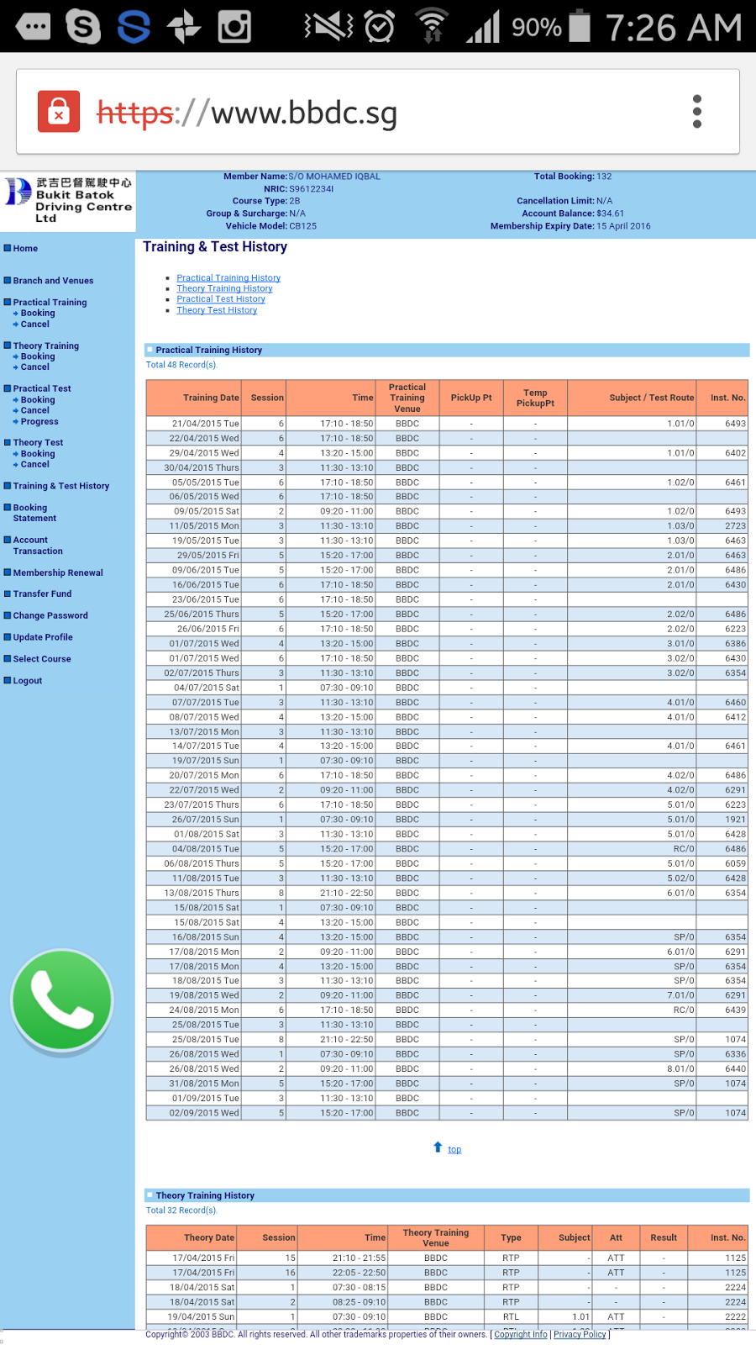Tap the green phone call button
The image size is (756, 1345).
[x=62, y=1000]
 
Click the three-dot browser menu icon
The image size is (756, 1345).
[x=696, y=112]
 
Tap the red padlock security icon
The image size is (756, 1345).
[x=59, y=112]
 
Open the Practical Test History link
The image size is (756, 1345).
[x=221, y=299]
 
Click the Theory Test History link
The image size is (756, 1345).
[x=217, y=310]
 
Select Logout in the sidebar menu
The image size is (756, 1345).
[x=27, y=681]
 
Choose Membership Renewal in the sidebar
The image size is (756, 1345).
[x=57, y=573]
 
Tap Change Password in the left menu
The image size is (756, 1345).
[x=50, y=616]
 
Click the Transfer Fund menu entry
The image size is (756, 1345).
[x=42, y=594]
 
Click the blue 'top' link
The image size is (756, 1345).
[x=454, y=1149]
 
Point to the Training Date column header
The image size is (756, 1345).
[x=211, y=398]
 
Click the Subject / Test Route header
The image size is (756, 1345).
[x=651, y=398]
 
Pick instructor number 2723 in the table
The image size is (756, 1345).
[x=735, y=526]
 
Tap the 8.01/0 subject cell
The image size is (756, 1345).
[x=680, y=1069]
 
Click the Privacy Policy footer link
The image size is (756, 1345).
[x=580, y=1334]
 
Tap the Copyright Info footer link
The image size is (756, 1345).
[x=520, y=1334]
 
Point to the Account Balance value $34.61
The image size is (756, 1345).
[x=610, y=214]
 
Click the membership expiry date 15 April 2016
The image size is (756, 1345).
[x=623, y=226]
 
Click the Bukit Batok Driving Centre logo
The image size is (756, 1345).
[x=67, y=200]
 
